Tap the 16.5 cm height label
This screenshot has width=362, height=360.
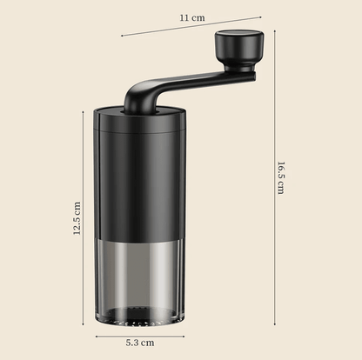(x=280, y=179)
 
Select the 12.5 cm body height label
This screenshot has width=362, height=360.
(x=77, y=219)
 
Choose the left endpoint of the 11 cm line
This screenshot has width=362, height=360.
(x=121, y=36)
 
